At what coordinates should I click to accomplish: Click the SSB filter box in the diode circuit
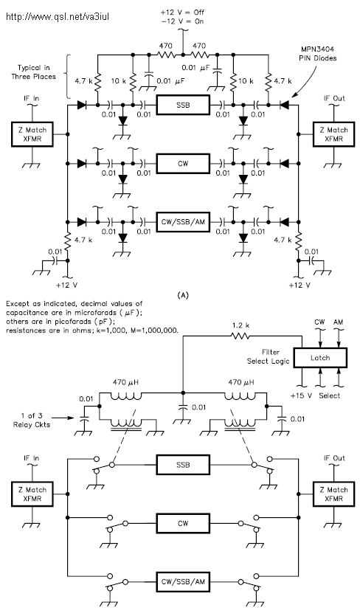pyautogui.click(x=183, y=105)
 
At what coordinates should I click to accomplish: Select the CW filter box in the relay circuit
pyautogui.click(x=183, y=523)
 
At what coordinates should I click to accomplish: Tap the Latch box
pyautogui.click(x=320, y=358)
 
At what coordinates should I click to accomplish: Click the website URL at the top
pyautogui.click(x=58, y=16)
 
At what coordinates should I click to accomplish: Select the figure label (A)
pyautogui.click(x=183, y=294)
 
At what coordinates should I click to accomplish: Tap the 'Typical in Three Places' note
pyautogui.click(x=33, y=72)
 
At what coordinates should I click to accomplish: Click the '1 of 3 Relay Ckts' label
pyautogui.click(x=32, y=420)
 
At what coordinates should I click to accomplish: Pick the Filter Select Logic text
pyautogui.click(x=269, y=357)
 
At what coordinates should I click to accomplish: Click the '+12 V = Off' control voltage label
pyautogui.click(x=182, y=13)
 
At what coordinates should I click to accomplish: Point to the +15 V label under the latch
pyautogui.click(x=301, y=395)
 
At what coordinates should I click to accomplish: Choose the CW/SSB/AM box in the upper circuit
pyautogui.click(x=183, y=222)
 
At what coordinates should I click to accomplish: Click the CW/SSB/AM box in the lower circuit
pyautogui.click(x=183, y=581)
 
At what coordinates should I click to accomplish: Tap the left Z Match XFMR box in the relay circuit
pyautogui.click(x=32, y=494)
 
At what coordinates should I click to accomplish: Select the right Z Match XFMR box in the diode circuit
pyautogui.click(x=333, y=134)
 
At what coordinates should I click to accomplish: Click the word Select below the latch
pyautogui.click(x=329, y=395)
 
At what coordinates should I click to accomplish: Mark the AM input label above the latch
pyautogui.click(x=338, y=322)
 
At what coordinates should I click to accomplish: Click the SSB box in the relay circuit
pyautogui.click(x=183, y=465)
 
